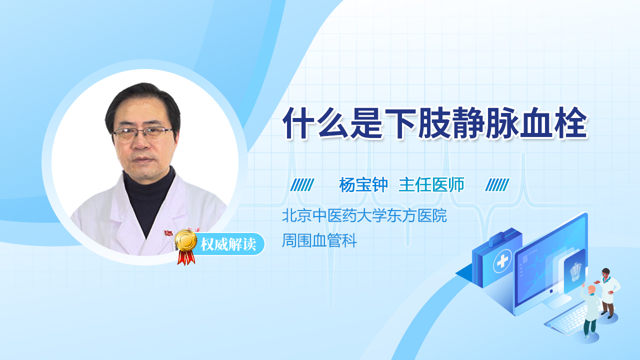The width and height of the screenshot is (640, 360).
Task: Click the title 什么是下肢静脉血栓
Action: [x=435, y=123]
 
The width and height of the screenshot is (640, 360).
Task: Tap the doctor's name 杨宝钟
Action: [x=363, y=185]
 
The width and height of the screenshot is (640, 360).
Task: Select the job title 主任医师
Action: [x=431, y=185]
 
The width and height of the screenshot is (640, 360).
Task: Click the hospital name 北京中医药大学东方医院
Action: [x=364, y=215]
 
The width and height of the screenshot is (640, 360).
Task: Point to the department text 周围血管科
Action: [x=319, y=240]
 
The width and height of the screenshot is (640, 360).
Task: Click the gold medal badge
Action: [x=186, y=240]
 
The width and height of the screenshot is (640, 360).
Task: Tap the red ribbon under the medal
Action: [x=186, y=257]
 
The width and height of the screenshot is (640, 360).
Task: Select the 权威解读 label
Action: [x=228, y=244]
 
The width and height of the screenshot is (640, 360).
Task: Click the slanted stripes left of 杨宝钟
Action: [x=302, y=185]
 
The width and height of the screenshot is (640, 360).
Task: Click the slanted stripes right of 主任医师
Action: [x=497, y=185]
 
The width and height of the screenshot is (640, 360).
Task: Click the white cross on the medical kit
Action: [x=502, y=261]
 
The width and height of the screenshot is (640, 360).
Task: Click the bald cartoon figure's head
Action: [x=591, y=289]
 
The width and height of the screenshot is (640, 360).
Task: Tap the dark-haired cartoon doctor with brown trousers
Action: [x=608, y=293]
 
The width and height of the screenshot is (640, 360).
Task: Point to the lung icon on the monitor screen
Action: [x=575, y=271]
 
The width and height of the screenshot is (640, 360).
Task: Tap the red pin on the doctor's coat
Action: [x=168, y=233]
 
